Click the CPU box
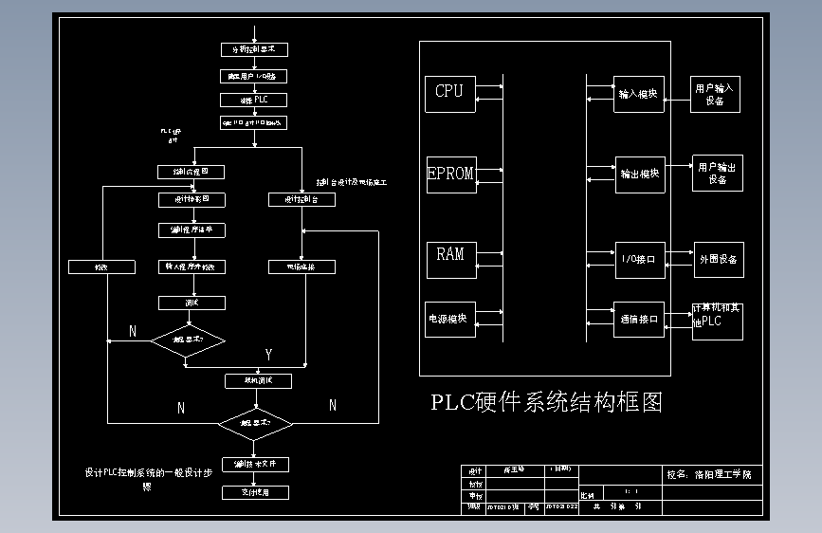450,92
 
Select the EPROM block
450,174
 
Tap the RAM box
450,254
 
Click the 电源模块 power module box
450,319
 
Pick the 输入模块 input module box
638,94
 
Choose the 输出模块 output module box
639,175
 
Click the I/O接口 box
639,258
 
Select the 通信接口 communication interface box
639,320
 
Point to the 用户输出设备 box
718,173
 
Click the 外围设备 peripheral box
718,259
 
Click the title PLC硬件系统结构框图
546,402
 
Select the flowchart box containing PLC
253,100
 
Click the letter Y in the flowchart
268,355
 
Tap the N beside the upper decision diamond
133,331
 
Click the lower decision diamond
255,422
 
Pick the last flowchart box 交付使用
254,492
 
